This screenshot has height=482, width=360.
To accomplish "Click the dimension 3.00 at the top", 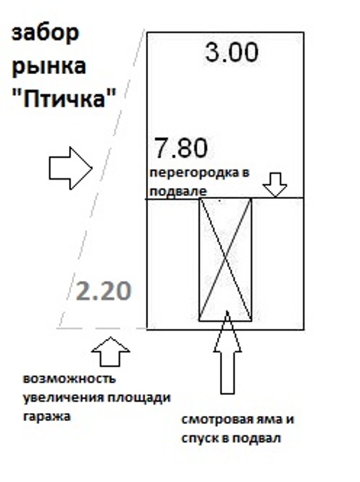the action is click(x=232, y=53).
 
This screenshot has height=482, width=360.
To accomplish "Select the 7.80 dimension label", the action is click(x=181, y=148).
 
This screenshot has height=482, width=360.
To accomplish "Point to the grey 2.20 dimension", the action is click(x=103, y=291).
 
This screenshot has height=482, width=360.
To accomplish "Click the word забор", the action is click(x=45, y=34).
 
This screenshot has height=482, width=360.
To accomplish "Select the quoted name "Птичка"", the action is click(x=64, y=98).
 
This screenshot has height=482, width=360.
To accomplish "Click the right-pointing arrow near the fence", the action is click(x=70, y=168).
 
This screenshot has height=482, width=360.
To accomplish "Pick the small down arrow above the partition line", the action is click(x=275, y=185).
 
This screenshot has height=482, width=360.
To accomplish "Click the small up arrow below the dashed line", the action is click(x=111, y=351).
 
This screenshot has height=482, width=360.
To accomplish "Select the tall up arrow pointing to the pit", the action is click(x=227, y=352).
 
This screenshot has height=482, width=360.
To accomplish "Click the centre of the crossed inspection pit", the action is click(x=226, y=260).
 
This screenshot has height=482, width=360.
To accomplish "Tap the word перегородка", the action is click(x=194, y=172).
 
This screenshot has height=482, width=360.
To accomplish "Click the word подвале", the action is click(x=178, y=191).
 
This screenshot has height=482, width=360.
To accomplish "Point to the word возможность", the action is click(x=69, y=379).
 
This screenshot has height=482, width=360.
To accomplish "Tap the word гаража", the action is click(x=47, y=417).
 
